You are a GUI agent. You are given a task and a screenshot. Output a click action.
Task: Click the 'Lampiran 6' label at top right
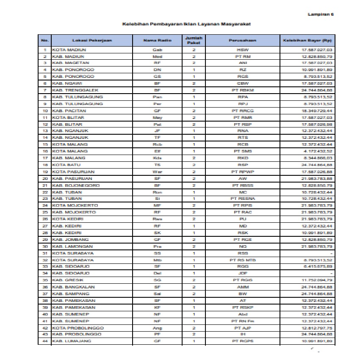[321, 14]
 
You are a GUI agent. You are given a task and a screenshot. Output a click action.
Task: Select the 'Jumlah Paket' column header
[194, 40]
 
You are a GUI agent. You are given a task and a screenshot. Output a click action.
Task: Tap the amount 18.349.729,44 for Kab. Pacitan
[316, 111]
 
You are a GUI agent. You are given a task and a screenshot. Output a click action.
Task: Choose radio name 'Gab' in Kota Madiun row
[157, 50]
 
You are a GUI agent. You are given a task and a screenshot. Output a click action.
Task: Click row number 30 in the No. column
[45, 246]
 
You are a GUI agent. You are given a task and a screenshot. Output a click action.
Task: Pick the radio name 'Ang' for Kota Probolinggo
[157, 327]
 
